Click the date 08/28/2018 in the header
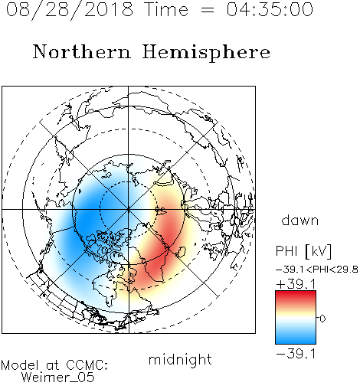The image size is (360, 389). [x=70, y=10]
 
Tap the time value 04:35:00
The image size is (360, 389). [x=270, y=9]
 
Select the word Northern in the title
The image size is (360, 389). [x=82, y=51]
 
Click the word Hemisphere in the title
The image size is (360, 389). [x=206, y=53]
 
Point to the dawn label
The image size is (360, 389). [x=300, y=220]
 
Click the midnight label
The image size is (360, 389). [x=180, y=360]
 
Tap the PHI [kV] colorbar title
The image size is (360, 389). [x=303, y=251]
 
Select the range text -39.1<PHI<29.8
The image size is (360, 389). [x=317, y=270]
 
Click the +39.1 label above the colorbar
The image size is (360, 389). [x=296, y=284]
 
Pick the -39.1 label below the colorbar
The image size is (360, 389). [x=296, y=354]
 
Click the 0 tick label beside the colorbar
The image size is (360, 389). [x=322, y=319]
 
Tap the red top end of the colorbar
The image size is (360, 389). [x=296, y=293]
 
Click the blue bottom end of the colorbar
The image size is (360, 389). [x=296, y=342]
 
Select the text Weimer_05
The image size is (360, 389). [x=58, y=377]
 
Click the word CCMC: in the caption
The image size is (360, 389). [x=87, y=365]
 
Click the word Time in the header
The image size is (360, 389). [x=166, y=9]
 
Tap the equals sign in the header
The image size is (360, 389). [x=207, y=10]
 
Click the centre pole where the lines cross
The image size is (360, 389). [x=129, y=210]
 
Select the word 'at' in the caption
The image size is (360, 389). [x=52, y=365]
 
